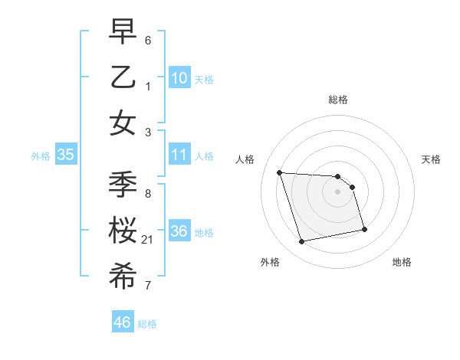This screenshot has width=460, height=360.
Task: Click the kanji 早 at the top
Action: click(123, 32)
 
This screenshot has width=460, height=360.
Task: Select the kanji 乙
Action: click(123, 77)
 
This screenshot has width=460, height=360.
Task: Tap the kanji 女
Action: click(123, 123)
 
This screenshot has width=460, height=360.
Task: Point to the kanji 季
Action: click(123, 185)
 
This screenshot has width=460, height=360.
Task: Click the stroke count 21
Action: click(148, 241)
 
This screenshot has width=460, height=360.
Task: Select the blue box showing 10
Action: click(179, 77)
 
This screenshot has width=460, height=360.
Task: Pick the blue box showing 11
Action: click(179, 155)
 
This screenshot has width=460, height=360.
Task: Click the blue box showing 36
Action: click(179, 231)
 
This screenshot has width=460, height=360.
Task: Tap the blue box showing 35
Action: click(66, 155)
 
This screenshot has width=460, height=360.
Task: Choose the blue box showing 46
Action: click(123, 322)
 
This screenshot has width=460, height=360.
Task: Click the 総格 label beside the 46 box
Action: click(147, 324)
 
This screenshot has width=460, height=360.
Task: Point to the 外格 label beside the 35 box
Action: click(41, 156)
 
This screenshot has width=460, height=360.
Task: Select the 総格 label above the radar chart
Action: click(337, 100)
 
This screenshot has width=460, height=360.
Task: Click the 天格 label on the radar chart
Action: click(432, 159)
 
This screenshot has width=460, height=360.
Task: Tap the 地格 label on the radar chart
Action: click(402, 263)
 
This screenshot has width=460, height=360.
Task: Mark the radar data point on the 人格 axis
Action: click(279, 172)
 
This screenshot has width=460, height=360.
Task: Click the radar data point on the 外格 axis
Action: click(302, 242)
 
